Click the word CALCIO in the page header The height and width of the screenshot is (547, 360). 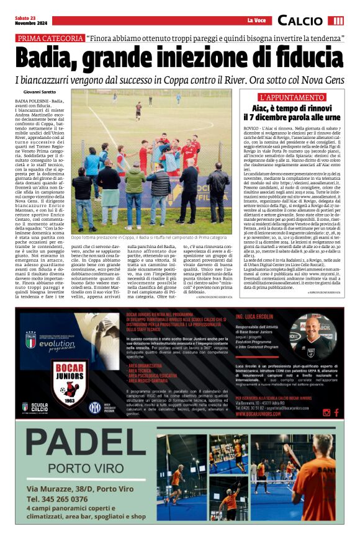(300, 21)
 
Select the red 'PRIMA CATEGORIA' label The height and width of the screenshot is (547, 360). (49, 38)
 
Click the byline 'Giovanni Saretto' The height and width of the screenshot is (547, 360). (41, 92)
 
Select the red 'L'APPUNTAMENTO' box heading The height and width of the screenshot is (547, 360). (292, 98)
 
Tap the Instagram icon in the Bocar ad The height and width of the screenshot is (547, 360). (326, 411)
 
